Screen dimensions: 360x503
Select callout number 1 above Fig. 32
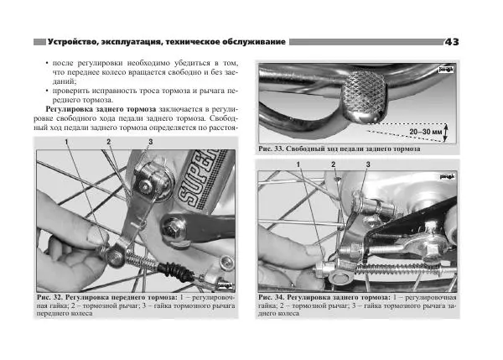click(65, 143)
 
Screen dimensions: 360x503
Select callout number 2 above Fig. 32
click(108, 143)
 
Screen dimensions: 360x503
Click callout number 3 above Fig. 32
click(150, 143)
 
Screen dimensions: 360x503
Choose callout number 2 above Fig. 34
click(333, 164)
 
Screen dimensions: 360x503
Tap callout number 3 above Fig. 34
click(367, 164)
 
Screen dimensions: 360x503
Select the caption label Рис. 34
click(274, 299)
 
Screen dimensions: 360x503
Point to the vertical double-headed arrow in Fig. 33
click(447, 133)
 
